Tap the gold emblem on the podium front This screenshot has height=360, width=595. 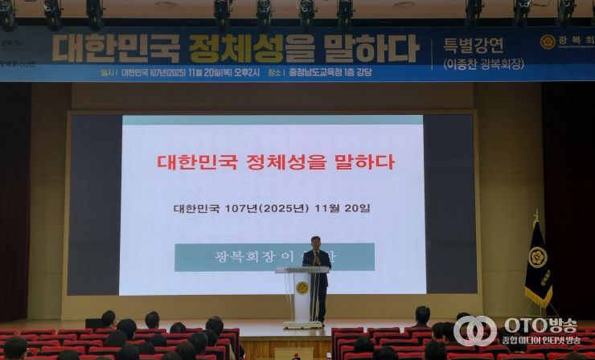302,288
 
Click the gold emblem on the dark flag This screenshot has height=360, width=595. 538,258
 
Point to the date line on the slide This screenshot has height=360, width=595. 273,208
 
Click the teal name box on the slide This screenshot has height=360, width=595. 273,257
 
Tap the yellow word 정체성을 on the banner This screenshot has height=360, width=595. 236,48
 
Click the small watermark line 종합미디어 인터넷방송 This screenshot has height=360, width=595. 542,341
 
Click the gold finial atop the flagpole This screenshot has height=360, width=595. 536,215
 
